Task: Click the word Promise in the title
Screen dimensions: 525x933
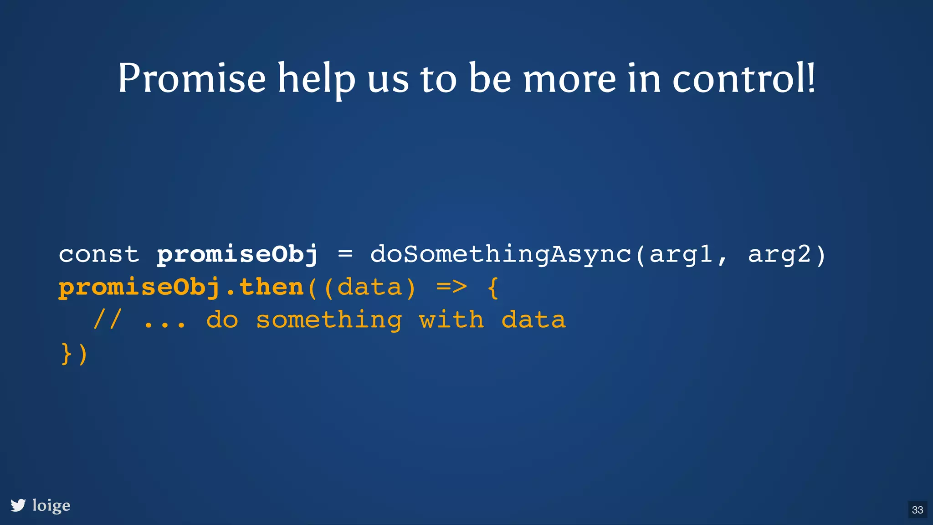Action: [x=191, y=78]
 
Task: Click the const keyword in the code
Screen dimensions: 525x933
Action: [x=99, y=254]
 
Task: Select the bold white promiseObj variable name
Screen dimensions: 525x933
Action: [x=237, y=255]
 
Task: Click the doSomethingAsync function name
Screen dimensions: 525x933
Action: [x=501, y=255]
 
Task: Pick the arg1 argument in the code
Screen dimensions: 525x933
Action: [x=681, y=255]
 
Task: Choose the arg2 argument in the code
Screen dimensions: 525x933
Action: [x=779, y=255]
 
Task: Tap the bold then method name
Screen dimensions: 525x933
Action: [x=272, y=287]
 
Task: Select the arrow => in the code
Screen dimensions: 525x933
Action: [x=451, y=287]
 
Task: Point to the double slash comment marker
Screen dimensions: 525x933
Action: [x=107, y=319]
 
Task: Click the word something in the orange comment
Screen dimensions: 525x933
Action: [x=329, y=320]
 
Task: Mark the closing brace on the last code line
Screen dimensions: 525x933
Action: [x=66, y=354]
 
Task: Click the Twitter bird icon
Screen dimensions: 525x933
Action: [x=18, y=505]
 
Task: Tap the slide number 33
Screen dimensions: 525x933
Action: [x=918, y=510]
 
